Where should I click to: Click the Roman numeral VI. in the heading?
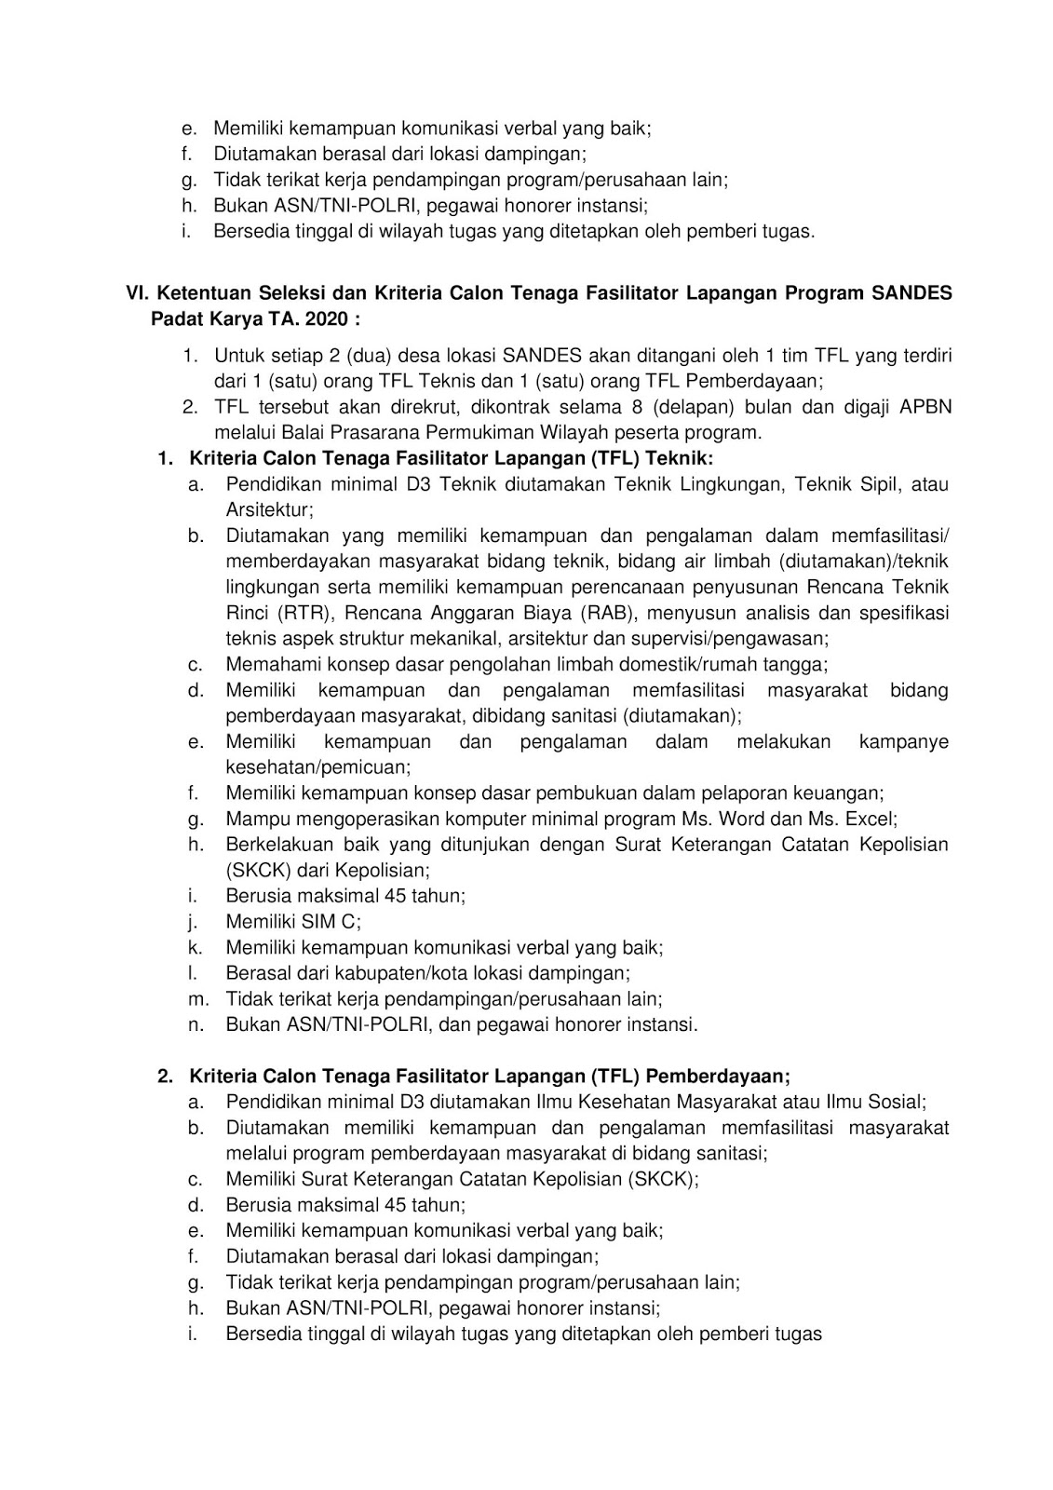click(x=139, y=293)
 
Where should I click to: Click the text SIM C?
click(x=327, y=922)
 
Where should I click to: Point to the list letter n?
click(x=196, y=1024)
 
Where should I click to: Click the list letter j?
click(x=194, y=922)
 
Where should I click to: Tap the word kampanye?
click(x=903, y=742)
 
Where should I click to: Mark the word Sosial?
click(x=895, y=1102)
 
